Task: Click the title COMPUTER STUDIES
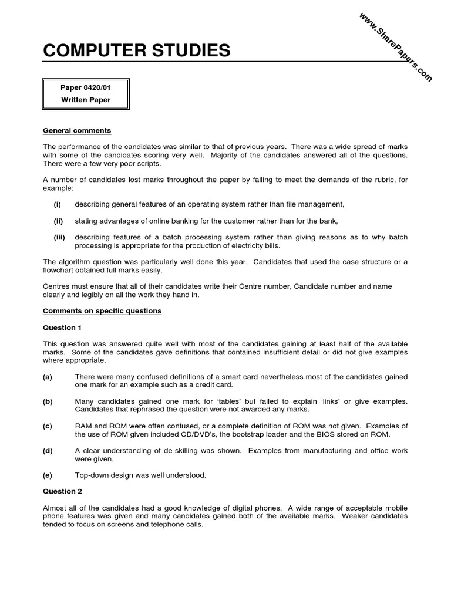(137, 51)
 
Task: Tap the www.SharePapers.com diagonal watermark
(395, 46)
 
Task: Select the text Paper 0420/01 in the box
(86, 87)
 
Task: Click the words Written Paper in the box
(86, 100)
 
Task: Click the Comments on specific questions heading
(102, 311)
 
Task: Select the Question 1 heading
(59, 327)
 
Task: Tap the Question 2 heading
(59, 491)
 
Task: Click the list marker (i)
(58, 204)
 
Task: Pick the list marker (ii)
(58, 221)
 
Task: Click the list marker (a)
(48, 377)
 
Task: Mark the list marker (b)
(48, 401)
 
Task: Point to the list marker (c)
(48, 426)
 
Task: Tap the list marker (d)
(48, 451)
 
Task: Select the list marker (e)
(48, 475)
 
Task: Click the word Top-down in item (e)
(93, 475)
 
